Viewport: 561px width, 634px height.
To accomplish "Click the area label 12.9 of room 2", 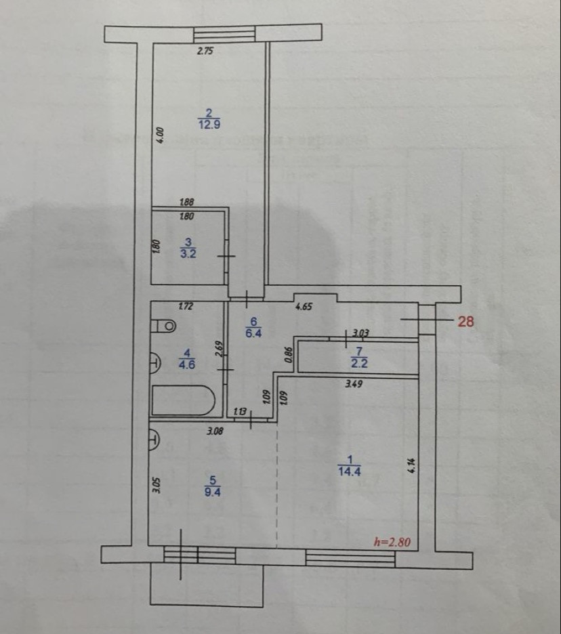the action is pos(209,125).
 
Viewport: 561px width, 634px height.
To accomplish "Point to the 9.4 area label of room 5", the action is pos(214,492).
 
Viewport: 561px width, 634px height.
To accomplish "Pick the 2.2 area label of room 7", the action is pos(359,362).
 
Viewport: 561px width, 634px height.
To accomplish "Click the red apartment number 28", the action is pos(466,322).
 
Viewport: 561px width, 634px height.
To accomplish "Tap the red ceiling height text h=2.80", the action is pos(393,542).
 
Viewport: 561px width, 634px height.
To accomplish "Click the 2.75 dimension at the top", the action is pos(205,50).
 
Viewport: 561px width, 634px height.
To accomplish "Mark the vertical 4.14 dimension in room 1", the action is pos(411,466).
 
